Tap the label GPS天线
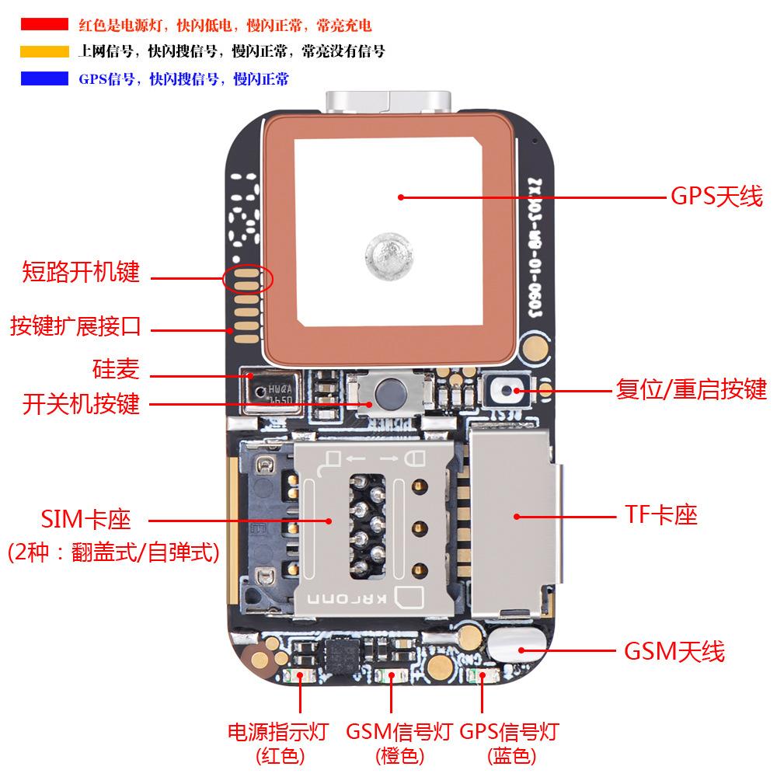pyautogui.click(x=716, y=197)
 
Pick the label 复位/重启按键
pyautogui.click(x=691, y=389)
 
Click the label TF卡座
pyautogui.click(x=661, y=514)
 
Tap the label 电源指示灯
pyautogui.click(x=277, y=731)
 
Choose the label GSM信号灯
pyautogui.click(x=399, y=731)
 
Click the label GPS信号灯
pyautogui.click(x=510, y=731)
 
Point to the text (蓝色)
pyautogui.click(x=510, y=755)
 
